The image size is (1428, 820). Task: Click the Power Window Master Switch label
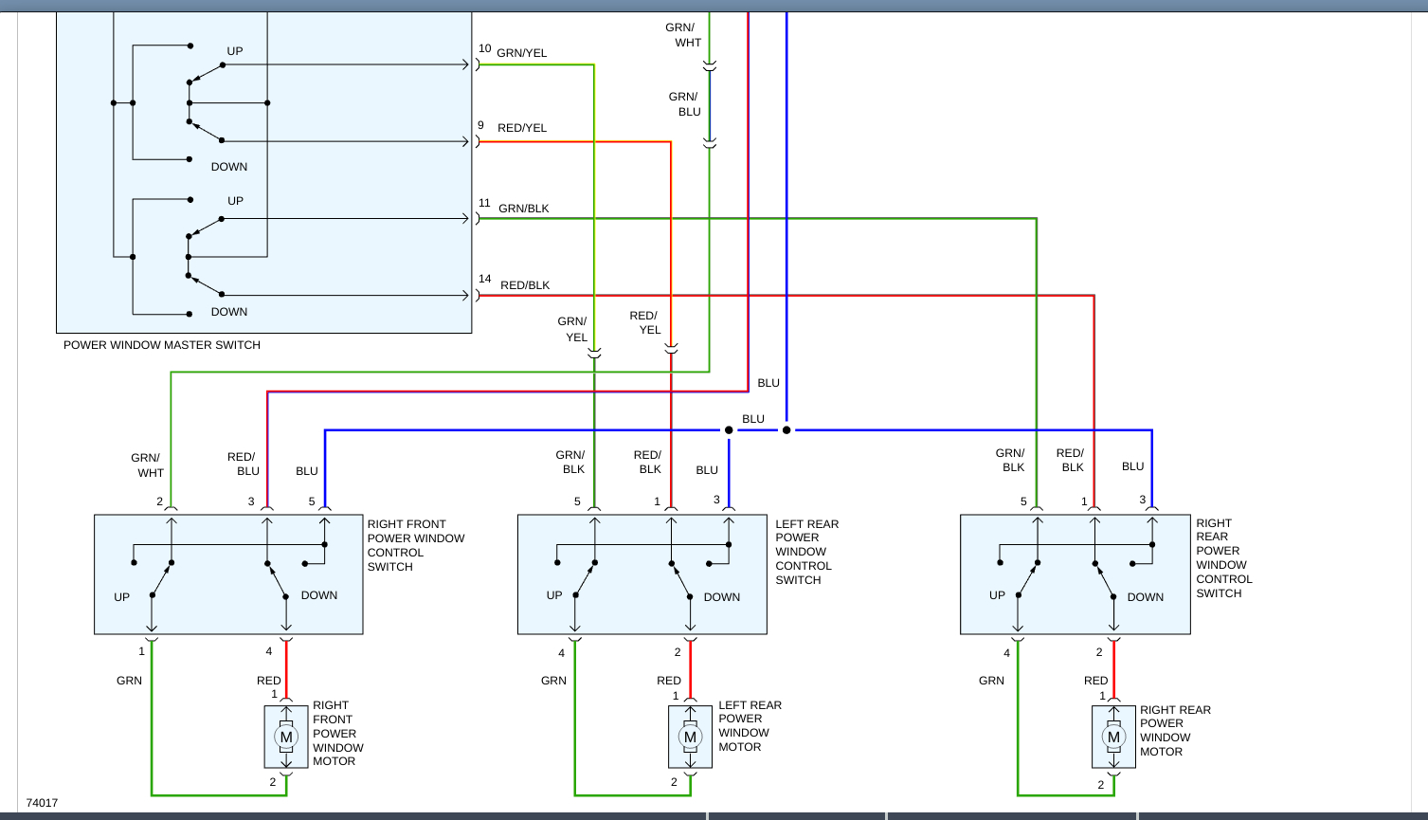click(162, 345)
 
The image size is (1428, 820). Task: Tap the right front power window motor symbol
click(285, 737)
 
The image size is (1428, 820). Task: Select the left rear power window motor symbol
click(690, 737)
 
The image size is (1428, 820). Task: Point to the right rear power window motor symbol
click(1113, 737)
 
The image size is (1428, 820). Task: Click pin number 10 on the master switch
click(485, 49)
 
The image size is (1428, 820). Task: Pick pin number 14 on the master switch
click(485, 280)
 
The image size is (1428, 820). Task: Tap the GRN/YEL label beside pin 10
click(522, 53)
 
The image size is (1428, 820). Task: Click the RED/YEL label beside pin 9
click(522, 128)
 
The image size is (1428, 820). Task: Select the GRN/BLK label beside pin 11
click(524, 209)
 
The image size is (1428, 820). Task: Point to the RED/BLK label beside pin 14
click(525, 285)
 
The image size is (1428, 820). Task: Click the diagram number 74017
click(42, 803)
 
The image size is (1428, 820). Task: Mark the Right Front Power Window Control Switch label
click(416, 545)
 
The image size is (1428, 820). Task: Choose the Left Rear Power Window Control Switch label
click(806, 552)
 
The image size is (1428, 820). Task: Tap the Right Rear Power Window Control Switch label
click(1223, 558)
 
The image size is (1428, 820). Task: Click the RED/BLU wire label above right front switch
click(243, 464)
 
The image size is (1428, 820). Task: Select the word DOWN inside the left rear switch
click(721, 597)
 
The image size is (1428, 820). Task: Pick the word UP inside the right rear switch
click(997, 595)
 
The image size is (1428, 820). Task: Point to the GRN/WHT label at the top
click(683, 35)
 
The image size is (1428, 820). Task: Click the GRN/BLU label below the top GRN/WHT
click(685, 104)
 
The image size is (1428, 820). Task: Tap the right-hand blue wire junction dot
click(786, 430)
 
